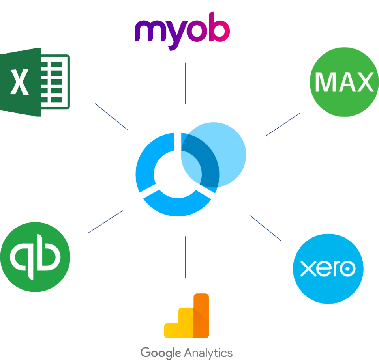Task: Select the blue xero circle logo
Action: click(328, 269)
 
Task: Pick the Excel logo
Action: click(35, 82)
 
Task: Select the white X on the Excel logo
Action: click(19, 82)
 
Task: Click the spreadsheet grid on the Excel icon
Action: click(55, 82)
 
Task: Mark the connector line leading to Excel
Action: click(111, 116)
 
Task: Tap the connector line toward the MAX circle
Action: click(283, 125)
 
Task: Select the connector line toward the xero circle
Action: click(265, 228)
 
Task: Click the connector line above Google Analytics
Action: click(185, 256)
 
